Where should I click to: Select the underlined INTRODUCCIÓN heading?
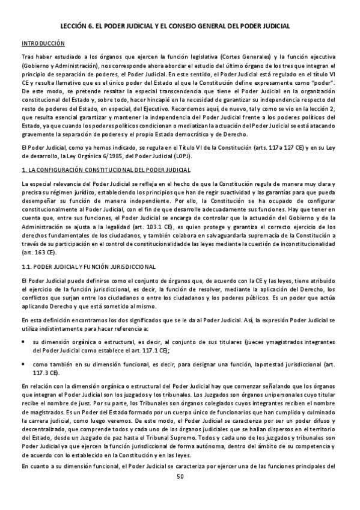(x=43, y=44)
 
